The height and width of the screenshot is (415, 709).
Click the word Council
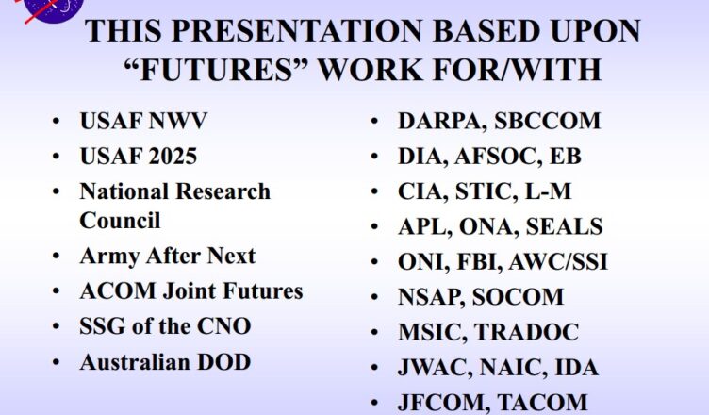pos(120,221)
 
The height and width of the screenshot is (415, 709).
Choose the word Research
pos(223,191)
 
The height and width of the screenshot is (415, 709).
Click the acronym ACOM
pos(118,290)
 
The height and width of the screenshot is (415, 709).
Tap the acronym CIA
pos(422,191)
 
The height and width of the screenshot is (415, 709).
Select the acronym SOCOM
pos(518,297)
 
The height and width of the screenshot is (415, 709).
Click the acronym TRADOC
pos(526,332)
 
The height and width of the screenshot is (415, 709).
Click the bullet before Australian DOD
pos(56,362)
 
